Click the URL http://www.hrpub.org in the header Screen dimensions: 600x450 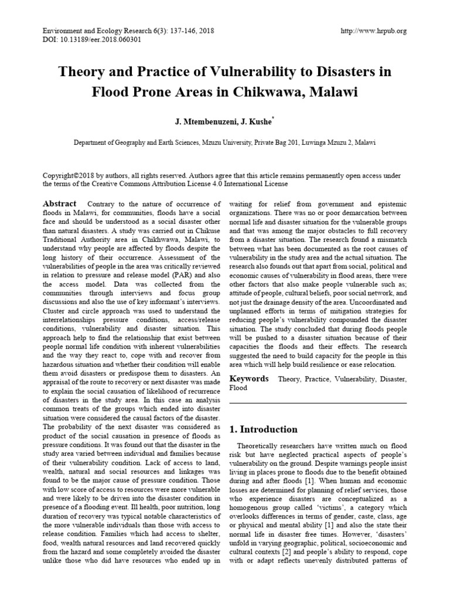coord(373,31)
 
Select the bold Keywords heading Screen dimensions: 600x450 coord(248,379)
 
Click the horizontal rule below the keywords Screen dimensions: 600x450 coord(318,403)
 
